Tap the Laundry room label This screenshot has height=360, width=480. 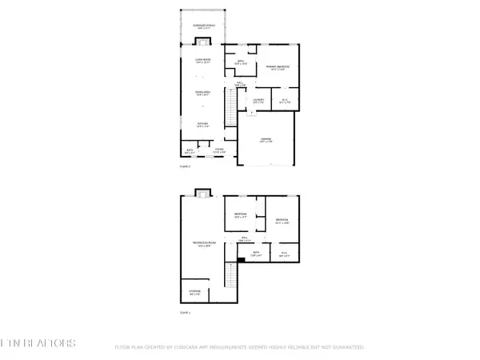(258, 100)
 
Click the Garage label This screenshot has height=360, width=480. (265, 140)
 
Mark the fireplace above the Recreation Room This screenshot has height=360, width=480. (203, 192)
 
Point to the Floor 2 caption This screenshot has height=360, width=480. (185, 166)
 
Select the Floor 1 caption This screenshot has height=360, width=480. (185, 312)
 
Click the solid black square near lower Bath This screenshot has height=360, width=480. (242, 259)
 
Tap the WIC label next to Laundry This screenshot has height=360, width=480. (284, 100)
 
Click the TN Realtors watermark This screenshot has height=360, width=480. (38, 344)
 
